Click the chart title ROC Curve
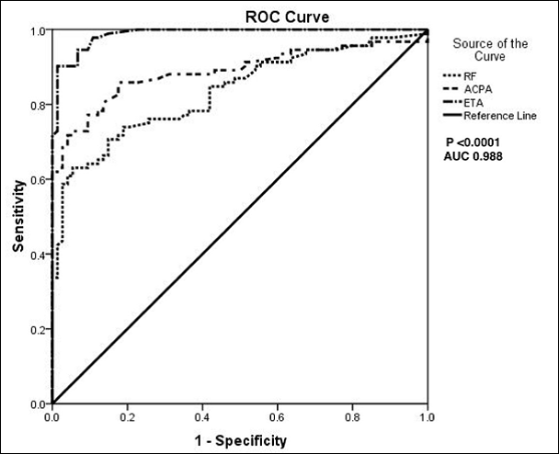[x=239, y=17]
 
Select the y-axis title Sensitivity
[x=18, y=218]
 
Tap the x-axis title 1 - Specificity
[x=240, y=440]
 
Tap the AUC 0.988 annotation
[x=473, y=156]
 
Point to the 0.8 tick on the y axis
[x=39, y=105]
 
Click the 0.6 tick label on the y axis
[x=39, y=179]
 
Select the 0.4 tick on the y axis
[x=39, y=255]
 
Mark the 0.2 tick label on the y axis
[x=39, y=329]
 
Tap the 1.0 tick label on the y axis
[x=39, y=30]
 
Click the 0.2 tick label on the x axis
[x=127, y=418]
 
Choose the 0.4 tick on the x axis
[x=202, y=418]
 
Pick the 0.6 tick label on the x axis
[x=277, y=418]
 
